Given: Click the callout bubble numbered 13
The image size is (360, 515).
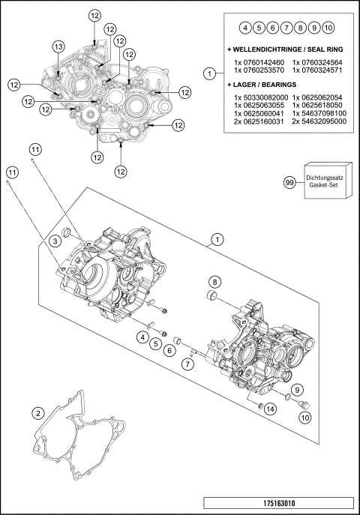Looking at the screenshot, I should click(58, 46).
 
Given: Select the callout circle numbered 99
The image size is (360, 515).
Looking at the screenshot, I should click(289, 183).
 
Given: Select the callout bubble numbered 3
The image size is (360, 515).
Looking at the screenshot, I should click(55, 240).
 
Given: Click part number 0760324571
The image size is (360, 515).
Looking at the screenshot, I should click(319, 70).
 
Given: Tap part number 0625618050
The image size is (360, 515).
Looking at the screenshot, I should click(319, 106).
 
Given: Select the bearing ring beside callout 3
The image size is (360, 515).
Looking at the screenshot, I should click(66, 230).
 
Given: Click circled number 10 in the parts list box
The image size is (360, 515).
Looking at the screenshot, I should click(328, 28).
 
